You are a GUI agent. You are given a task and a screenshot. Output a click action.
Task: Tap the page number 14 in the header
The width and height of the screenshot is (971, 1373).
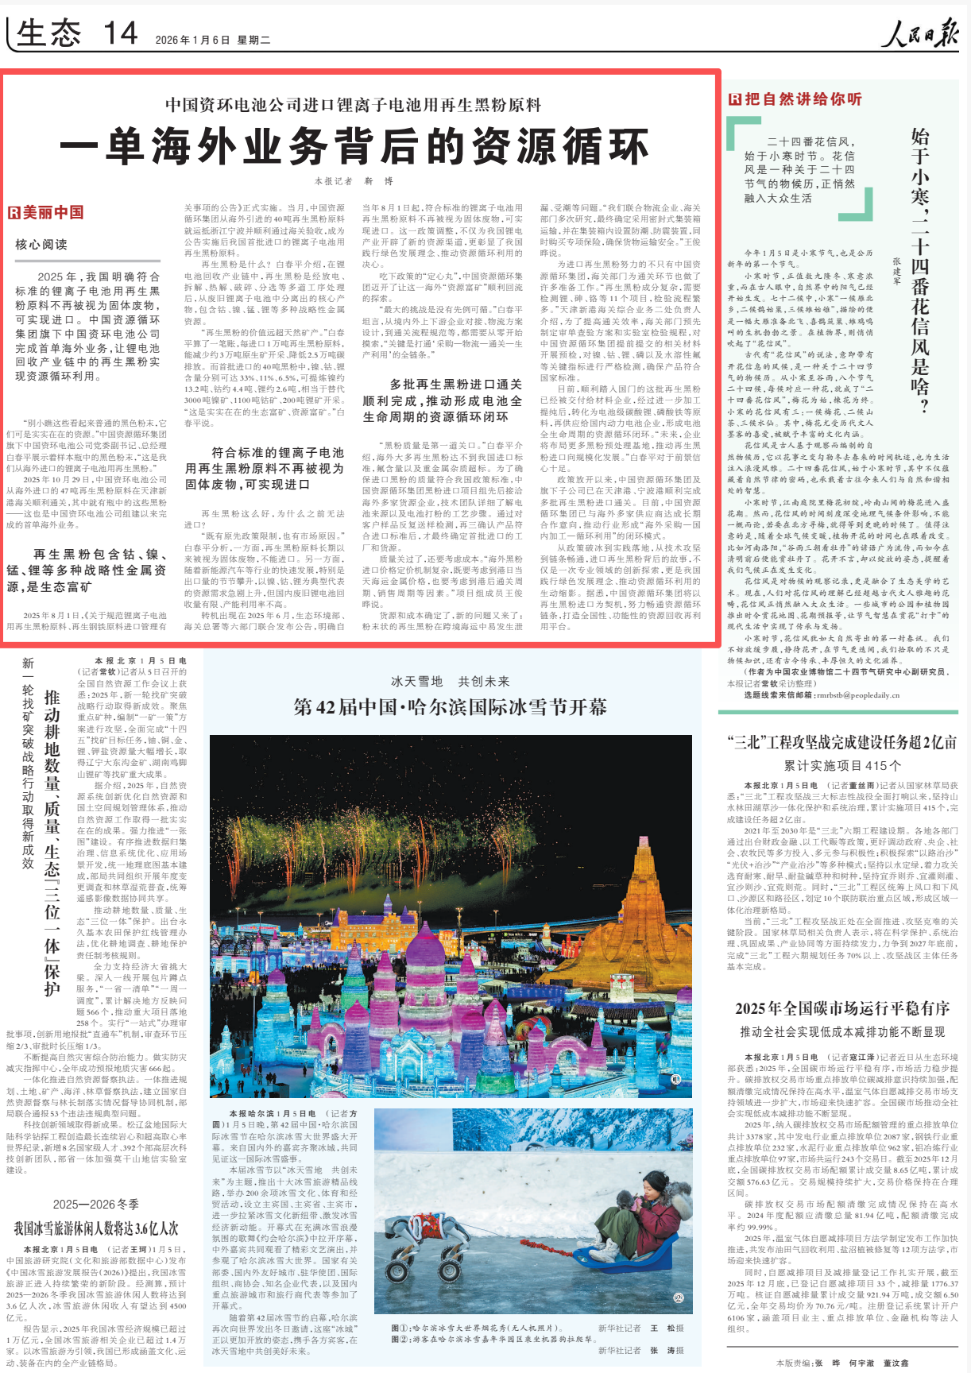(120, 34)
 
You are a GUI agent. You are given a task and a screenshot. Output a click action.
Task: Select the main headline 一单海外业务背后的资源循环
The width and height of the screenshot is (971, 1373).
(354, 146)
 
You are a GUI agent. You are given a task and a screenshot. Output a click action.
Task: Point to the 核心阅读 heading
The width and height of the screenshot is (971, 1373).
(41, 244)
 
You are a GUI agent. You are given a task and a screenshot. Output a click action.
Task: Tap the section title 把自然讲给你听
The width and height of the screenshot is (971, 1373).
(795, 99)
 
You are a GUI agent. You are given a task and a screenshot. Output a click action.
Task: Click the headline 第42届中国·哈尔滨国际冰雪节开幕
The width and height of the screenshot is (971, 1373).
(450, 707)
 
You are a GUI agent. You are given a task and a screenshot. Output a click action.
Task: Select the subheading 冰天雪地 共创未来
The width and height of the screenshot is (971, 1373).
(450, 681)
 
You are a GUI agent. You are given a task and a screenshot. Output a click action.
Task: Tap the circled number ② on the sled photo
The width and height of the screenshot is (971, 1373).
(678, 1298)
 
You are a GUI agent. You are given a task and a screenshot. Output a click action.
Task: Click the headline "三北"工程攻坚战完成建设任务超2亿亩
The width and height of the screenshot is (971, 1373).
(841, 742)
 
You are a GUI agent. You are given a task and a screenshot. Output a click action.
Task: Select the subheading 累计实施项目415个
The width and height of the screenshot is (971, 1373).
(842, 765)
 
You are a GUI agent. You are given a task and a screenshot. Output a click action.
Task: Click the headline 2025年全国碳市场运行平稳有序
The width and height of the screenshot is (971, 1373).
(842, 1008)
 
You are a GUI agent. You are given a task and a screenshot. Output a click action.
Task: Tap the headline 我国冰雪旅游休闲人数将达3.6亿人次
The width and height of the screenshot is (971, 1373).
(96, 1228)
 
